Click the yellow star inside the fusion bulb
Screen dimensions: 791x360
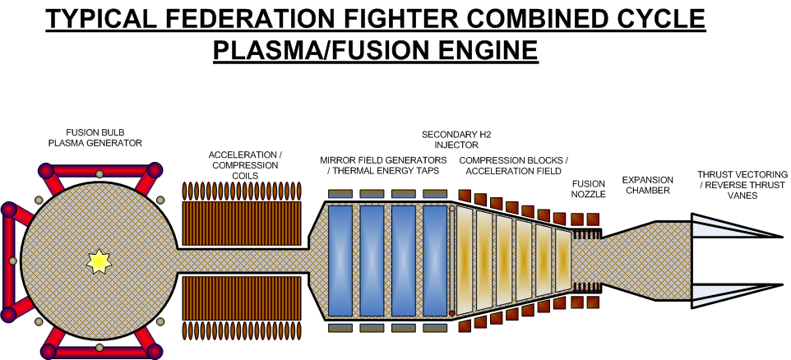point(99,261)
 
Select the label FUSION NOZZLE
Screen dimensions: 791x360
point(588,189)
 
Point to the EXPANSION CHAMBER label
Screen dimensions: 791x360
point(647,185)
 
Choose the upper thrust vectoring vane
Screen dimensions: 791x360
point(737,225)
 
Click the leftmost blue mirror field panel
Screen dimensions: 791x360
point(340,261)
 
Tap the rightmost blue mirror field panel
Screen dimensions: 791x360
point(435,261)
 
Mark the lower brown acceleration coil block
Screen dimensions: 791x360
point(241,298)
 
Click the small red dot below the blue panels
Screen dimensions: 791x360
point(452,314)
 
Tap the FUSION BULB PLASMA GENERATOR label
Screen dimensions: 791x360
point(95,137)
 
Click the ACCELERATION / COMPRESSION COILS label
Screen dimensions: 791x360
point(245,165)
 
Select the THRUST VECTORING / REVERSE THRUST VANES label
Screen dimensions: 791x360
point(742,185)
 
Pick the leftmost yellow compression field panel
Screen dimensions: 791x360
point(464,260)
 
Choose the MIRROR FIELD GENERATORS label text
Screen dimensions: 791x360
point(383,159)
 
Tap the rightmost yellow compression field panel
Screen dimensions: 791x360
point(562,260)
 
